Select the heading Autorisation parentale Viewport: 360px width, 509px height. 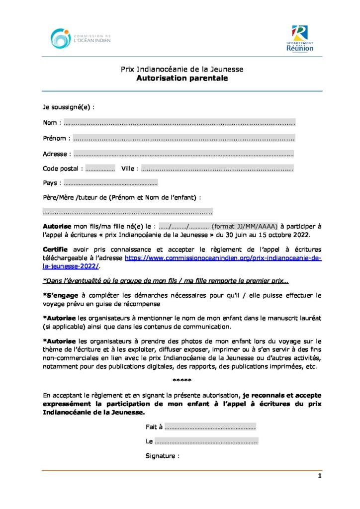coord(182,78)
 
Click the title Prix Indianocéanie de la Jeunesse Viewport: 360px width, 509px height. coord(182,70)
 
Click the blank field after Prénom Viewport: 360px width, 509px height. coord(183,138)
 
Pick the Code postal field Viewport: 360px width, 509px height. coord(100,169)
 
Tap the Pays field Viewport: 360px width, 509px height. coord(110,183)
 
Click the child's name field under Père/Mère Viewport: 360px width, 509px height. coord(128,212)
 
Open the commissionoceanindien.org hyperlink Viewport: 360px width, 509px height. coord(223,258)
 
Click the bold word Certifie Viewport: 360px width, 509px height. coord(56,249)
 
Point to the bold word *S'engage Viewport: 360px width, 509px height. coord(59,295)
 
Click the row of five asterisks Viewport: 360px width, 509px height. coord(182,381)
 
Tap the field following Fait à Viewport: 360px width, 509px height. coord(210,427)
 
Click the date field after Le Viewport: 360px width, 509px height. coord(206,441)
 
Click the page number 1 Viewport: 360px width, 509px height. coord(320,476)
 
